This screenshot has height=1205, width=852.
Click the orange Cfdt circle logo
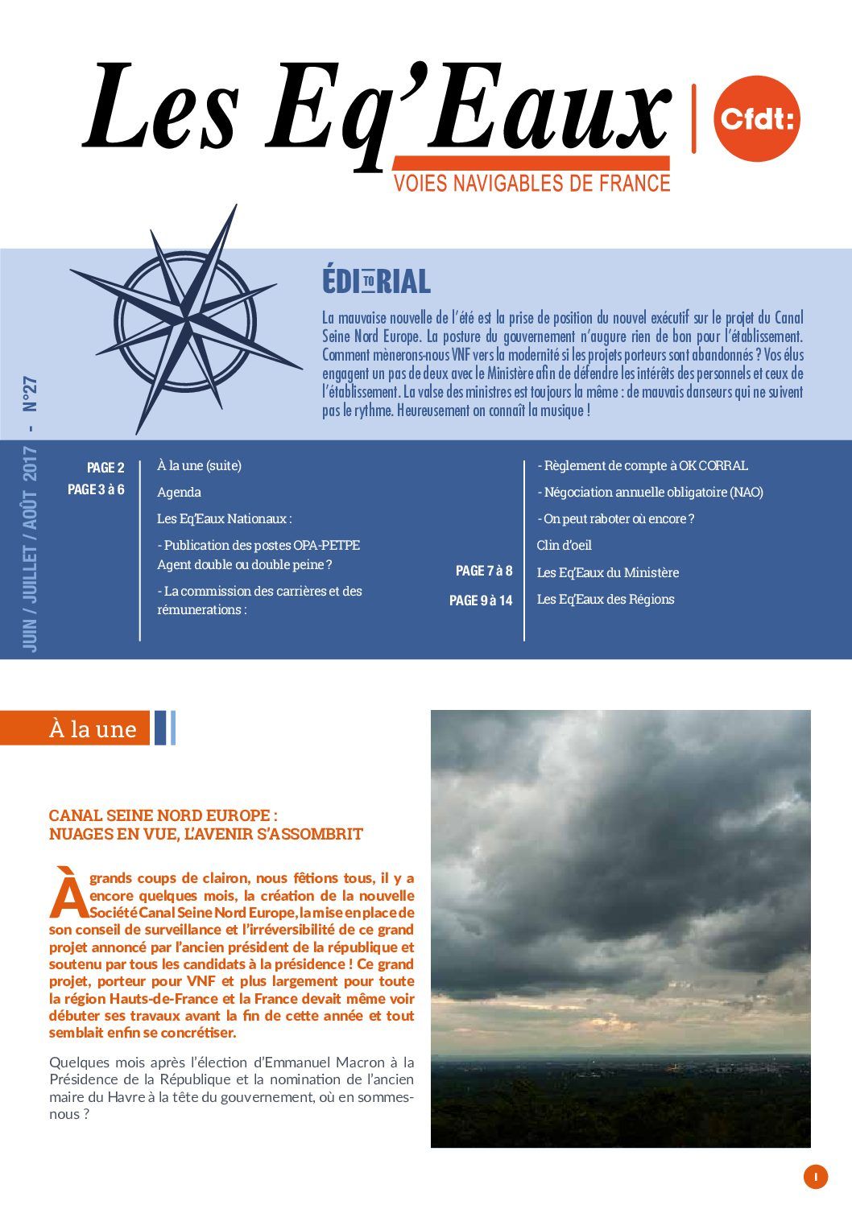pyautogui.click(x=756, y=118)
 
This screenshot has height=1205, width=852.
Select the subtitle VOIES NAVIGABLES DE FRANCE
pyautogui.click(x=531, y=184)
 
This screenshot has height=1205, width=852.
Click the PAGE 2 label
pyautogui.click(x=105, y=468)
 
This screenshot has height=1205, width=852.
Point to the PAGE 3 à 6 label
pyautogui.click(x=96, y=489)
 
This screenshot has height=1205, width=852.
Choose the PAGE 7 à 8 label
pyautogui.click(x=483, y=572)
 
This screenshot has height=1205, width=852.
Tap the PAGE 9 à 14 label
pyautogui.click(x=480, y=600)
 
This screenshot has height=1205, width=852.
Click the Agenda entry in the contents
pyautogui.click(x=179, y=492)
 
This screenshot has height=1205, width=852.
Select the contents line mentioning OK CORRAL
pyautogui.click(x=643, y=466)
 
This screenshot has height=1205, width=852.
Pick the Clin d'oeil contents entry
pyautogui.click(x=564, y=546)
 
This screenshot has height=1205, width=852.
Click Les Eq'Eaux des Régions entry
pyautogui.click(x=605, y=600)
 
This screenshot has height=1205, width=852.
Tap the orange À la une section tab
pyautogui.click(x=93, y=728)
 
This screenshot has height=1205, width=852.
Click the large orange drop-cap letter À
pyautogui.click(x=68, y=892)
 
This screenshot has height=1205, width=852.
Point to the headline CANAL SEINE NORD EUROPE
pyautogui.click(x=163, y=815)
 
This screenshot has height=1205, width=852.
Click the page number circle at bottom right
pyautogui.click(x=815, y=1177)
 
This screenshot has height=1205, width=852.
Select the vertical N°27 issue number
pyautogui.click(x=31, y=395)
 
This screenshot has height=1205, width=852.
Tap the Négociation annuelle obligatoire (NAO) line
pyautogui.click(x=650, y=493)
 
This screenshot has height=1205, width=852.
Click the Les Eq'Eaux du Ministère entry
pyautogui.click(x=607, y=573)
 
